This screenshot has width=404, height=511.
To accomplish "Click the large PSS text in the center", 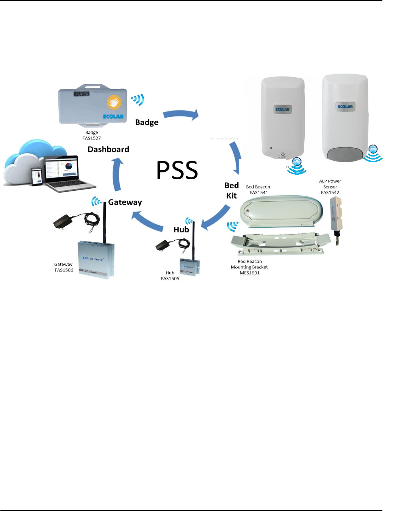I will click(x=177, y=170).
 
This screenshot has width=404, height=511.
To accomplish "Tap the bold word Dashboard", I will click(x=108, y=149).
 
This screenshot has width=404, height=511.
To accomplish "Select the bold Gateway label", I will click(x=125, y=202).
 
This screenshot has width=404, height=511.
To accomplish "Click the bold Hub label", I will click(x=181, y=230).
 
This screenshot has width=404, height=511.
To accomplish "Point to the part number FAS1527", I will click(x=92, y=138).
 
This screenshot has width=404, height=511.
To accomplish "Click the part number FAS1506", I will click(x=64, y=270).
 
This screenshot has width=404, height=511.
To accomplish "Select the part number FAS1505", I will click(x=170, y=279).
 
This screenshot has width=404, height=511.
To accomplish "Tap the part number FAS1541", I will click(x=258, y=193).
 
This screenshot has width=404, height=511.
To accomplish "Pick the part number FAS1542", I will click(x=330, y=193).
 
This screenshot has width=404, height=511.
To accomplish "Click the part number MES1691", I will click(x=249, y=273).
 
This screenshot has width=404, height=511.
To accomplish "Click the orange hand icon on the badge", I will click(x=114, y=102).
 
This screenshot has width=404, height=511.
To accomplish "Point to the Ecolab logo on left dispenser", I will click(x=282, y=109).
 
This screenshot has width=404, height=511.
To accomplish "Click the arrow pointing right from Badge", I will click(x=181, y=114).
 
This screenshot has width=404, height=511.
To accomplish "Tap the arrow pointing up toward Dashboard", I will click(x=118, y=174).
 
